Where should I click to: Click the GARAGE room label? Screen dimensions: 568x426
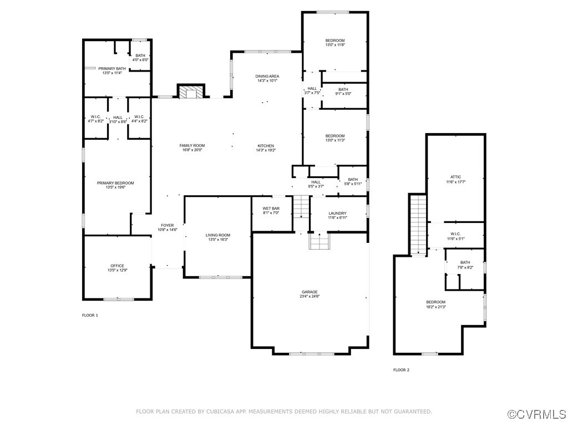[310, 292]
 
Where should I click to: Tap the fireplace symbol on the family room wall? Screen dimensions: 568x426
[191, 92]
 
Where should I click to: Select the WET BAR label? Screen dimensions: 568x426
[271, 209]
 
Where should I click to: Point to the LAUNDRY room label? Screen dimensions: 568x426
[338, 214]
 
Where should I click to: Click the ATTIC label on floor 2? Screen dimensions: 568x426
[456, 177]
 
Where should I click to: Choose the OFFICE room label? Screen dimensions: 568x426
[118, 266]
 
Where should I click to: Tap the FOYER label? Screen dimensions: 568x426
[168, 225]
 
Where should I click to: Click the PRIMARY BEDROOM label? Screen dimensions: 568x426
[115, 183]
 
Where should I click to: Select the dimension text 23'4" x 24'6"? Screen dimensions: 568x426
[310, 296]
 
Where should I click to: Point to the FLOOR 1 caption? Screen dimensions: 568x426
[90, 315]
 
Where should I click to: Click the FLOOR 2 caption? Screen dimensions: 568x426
[402, 370]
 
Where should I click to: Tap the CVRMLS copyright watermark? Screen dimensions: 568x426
[537, 414]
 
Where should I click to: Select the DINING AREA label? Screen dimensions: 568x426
[267, 77]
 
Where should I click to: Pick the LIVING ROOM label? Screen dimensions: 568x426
[218, 235]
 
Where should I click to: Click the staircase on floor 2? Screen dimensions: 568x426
[418, 225]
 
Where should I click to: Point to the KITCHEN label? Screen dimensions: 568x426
[266, 146]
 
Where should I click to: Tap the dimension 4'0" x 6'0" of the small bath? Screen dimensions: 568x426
[140, 60]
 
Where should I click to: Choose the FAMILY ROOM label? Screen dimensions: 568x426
[192, 146]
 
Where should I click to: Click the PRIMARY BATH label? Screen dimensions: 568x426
[112, 68]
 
